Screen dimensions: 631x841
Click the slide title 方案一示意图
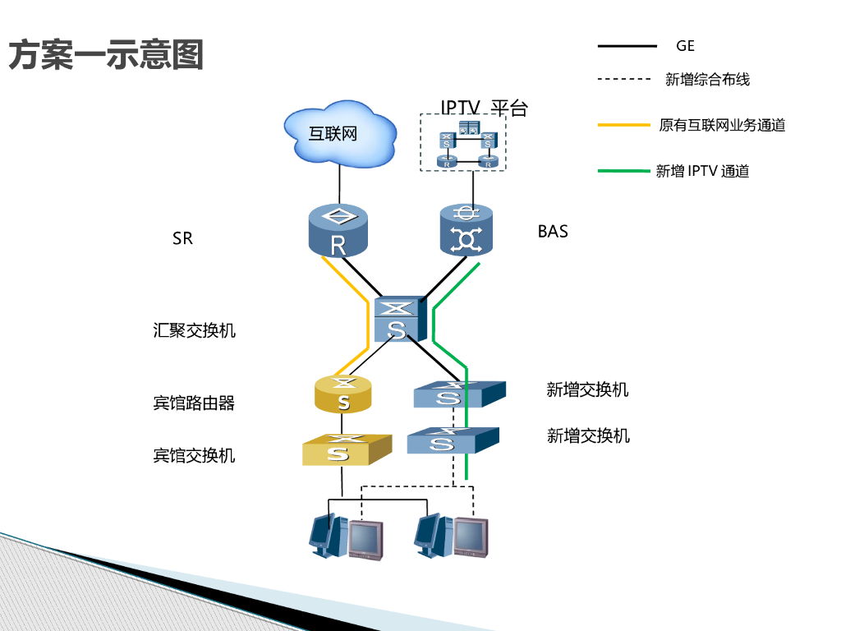(106, 56)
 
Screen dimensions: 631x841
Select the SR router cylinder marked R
(338, 230)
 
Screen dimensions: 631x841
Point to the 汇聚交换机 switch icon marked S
(398, 320)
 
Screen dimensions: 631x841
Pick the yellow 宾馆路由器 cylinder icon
(343, 394)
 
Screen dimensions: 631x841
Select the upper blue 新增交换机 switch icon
(458, 394)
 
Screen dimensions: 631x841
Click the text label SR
(182, 239)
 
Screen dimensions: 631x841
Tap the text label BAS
(553, 232)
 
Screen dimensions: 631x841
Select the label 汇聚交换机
(194, 330)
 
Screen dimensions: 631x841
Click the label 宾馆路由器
(194, 403)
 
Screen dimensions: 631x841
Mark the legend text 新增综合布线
(707, 80)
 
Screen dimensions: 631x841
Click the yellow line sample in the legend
(627, 126)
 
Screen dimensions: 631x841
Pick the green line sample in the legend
(627, 171)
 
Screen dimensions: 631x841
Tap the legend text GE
(685, 47)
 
